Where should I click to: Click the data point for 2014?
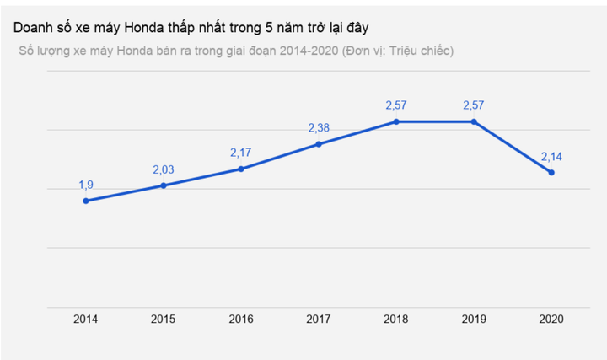click(x=86, y=201)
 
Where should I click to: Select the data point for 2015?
click(x=164, y=185)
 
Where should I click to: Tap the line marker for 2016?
click(x=241, y=169)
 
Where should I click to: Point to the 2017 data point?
click(x=319, y=144)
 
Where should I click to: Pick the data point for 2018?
click(x=396, y=121)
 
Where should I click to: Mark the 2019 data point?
click(x=474, y=121)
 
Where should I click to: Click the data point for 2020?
click(x=551, y=173)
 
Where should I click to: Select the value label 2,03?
click(x=164, y=169)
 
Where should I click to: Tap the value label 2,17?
click(x=241, y=153)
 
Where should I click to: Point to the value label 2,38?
click(x=319, y=128)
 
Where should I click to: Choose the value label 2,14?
click(x=551, y=157)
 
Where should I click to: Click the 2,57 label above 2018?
click(x=396, y=105)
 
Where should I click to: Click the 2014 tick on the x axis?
click(x=86, y=320)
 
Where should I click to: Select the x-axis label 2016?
click(x=241, y=320)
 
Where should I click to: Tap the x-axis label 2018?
click(x=396, y=320)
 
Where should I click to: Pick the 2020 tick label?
click(x=551, y=320)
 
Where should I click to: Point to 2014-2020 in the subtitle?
click(x=300, y=51)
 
